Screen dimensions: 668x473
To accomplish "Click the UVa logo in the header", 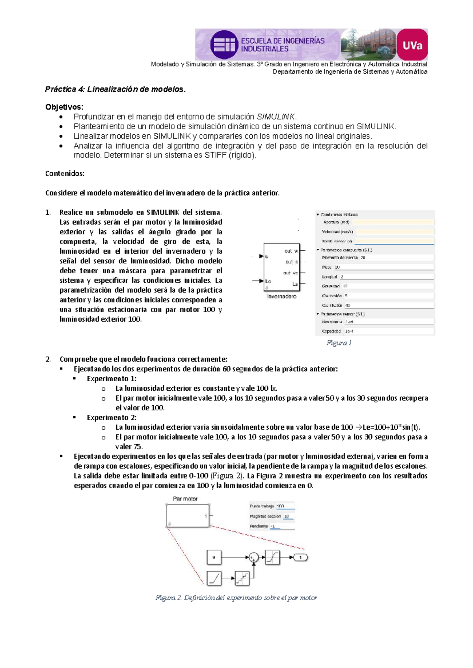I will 412,45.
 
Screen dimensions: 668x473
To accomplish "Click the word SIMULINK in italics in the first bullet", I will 276,117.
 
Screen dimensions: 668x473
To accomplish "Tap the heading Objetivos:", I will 64,107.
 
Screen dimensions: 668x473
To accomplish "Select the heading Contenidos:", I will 65,173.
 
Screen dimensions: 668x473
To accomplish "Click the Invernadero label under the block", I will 281,297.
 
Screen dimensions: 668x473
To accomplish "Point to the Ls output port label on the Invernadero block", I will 295,284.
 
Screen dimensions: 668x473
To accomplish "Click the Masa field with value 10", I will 384,267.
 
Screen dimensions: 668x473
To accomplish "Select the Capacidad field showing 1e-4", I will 388,331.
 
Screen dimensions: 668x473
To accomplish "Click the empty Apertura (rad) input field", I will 394,222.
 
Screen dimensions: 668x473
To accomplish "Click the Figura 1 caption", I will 339,343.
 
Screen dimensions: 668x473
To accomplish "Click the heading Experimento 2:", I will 112,417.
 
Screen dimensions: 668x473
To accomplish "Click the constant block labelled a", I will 214,557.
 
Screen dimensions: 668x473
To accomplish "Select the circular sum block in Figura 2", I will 253,557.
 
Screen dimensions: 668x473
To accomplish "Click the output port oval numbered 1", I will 301,557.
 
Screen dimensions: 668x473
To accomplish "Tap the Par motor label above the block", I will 185,499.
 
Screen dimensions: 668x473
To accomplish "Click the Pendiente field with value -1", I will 282,526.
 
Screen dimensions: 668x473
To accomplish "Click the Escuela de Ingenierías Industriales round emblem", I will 224,45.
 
